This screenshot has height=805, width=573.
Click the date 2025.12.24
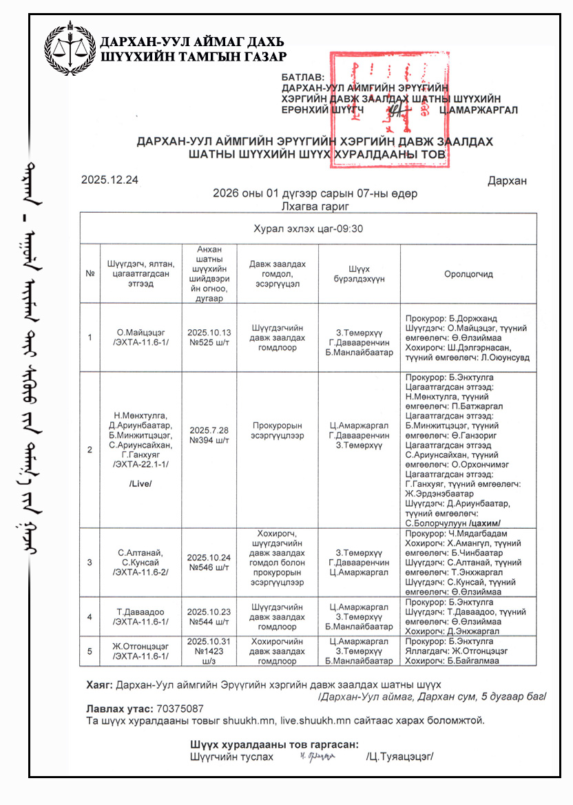[x=110, y=180]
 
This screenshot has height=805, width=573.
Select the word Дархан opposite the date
[x=507, y=181]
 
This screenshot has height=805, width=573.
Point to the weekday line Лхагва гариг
[x=315, y=206]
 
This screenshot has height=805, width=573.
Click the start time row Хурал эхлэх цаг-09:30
[x=308, y=229]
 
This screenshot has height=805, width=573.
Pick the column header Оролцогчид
[x=468, y=274]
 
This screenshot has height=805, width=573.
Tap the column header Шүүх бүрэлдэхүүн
[x=359, y=274]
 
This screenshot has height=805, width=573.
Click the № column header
[x=90, y=274]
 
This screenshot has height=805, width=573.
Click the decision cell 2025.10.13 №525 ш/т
[x=209, y=337]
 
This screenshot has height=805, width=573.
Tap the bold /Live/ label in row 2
[x=140, y=484]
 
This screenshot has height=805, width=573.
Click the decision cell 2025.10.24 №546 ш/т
[x=209, y=562]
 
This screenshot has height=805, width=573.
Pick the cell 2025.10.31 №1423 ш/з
[x=209, y=651]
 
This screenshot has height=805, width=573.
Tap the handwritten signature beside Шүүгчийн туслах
[x=317, y=757]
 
